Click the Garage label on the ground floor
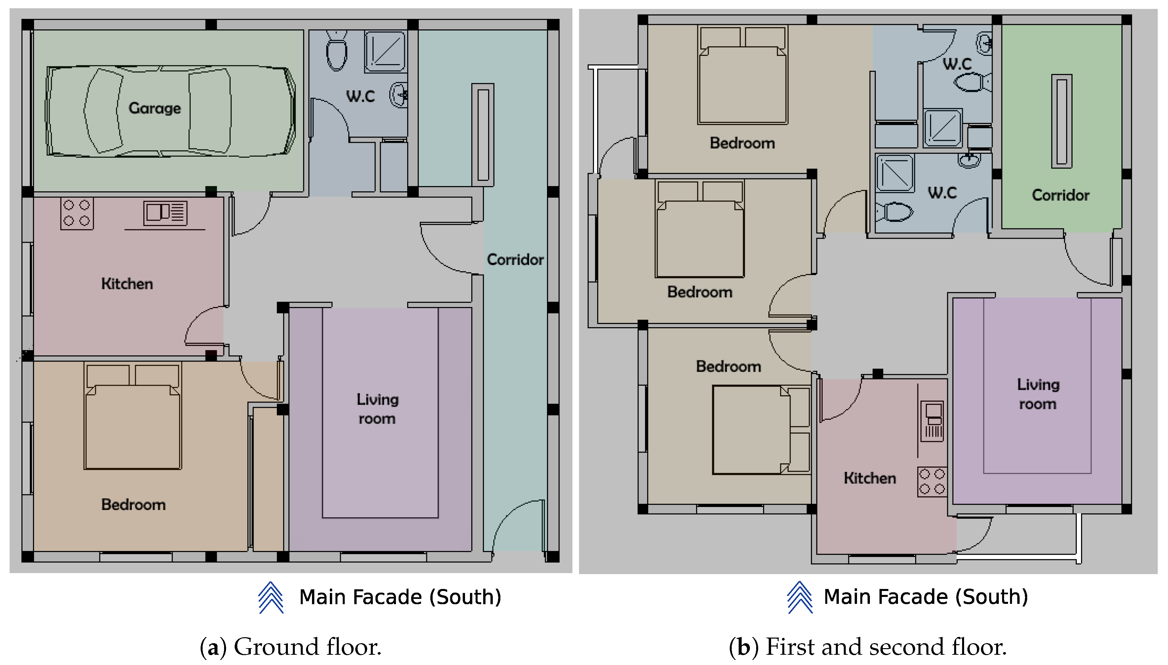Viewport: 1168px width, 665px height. (155, 108)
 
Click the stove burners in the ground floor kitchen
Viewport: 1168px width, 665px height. (77, 213)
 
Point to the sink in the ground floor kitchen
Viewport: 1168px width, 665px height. (165, 213)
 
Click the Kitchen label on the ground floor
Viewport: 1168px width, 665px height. (127, 284)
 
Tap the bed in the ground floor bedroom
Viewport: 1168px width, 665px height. (133, 416)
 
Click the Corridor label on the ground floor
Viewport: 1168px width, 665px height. (515, 259)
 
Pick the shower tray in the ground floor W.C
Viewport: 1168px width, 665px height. (385, 52)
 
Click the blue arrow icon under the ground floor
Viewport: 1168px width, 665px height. (271, 597)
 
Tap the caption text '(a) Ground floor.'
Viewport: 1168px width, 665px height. (291, 647)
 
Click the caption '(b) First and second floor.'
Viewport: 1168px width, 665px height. (868, 647)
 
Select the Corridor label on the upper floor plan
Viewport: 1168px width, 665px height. (1060, 195)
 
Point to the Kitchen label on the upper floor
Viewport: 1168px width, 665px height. (870, 478)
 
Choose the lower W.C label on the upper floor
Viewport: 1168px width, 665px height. (942, 193)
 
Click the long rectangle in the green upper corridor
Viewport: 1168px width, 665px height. (1062, 122)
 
